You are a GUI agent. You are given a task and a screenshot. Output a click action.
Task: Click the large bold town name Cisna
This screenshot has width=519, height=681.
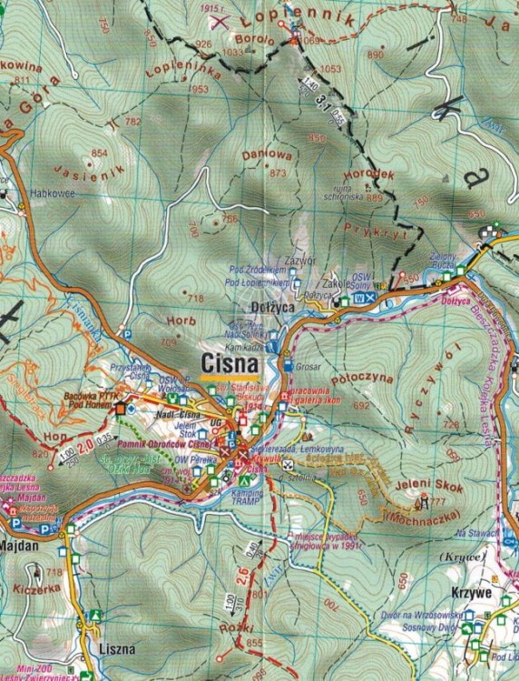click(x=230, y=364)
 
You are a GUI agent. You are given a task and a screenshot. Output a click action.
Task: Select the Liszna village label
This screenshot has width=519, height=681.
click(x=117, y=649)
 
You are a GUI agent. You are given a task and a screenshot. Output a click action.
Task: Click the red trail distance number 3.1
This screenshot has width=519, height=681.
click(x=320, y=103)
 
